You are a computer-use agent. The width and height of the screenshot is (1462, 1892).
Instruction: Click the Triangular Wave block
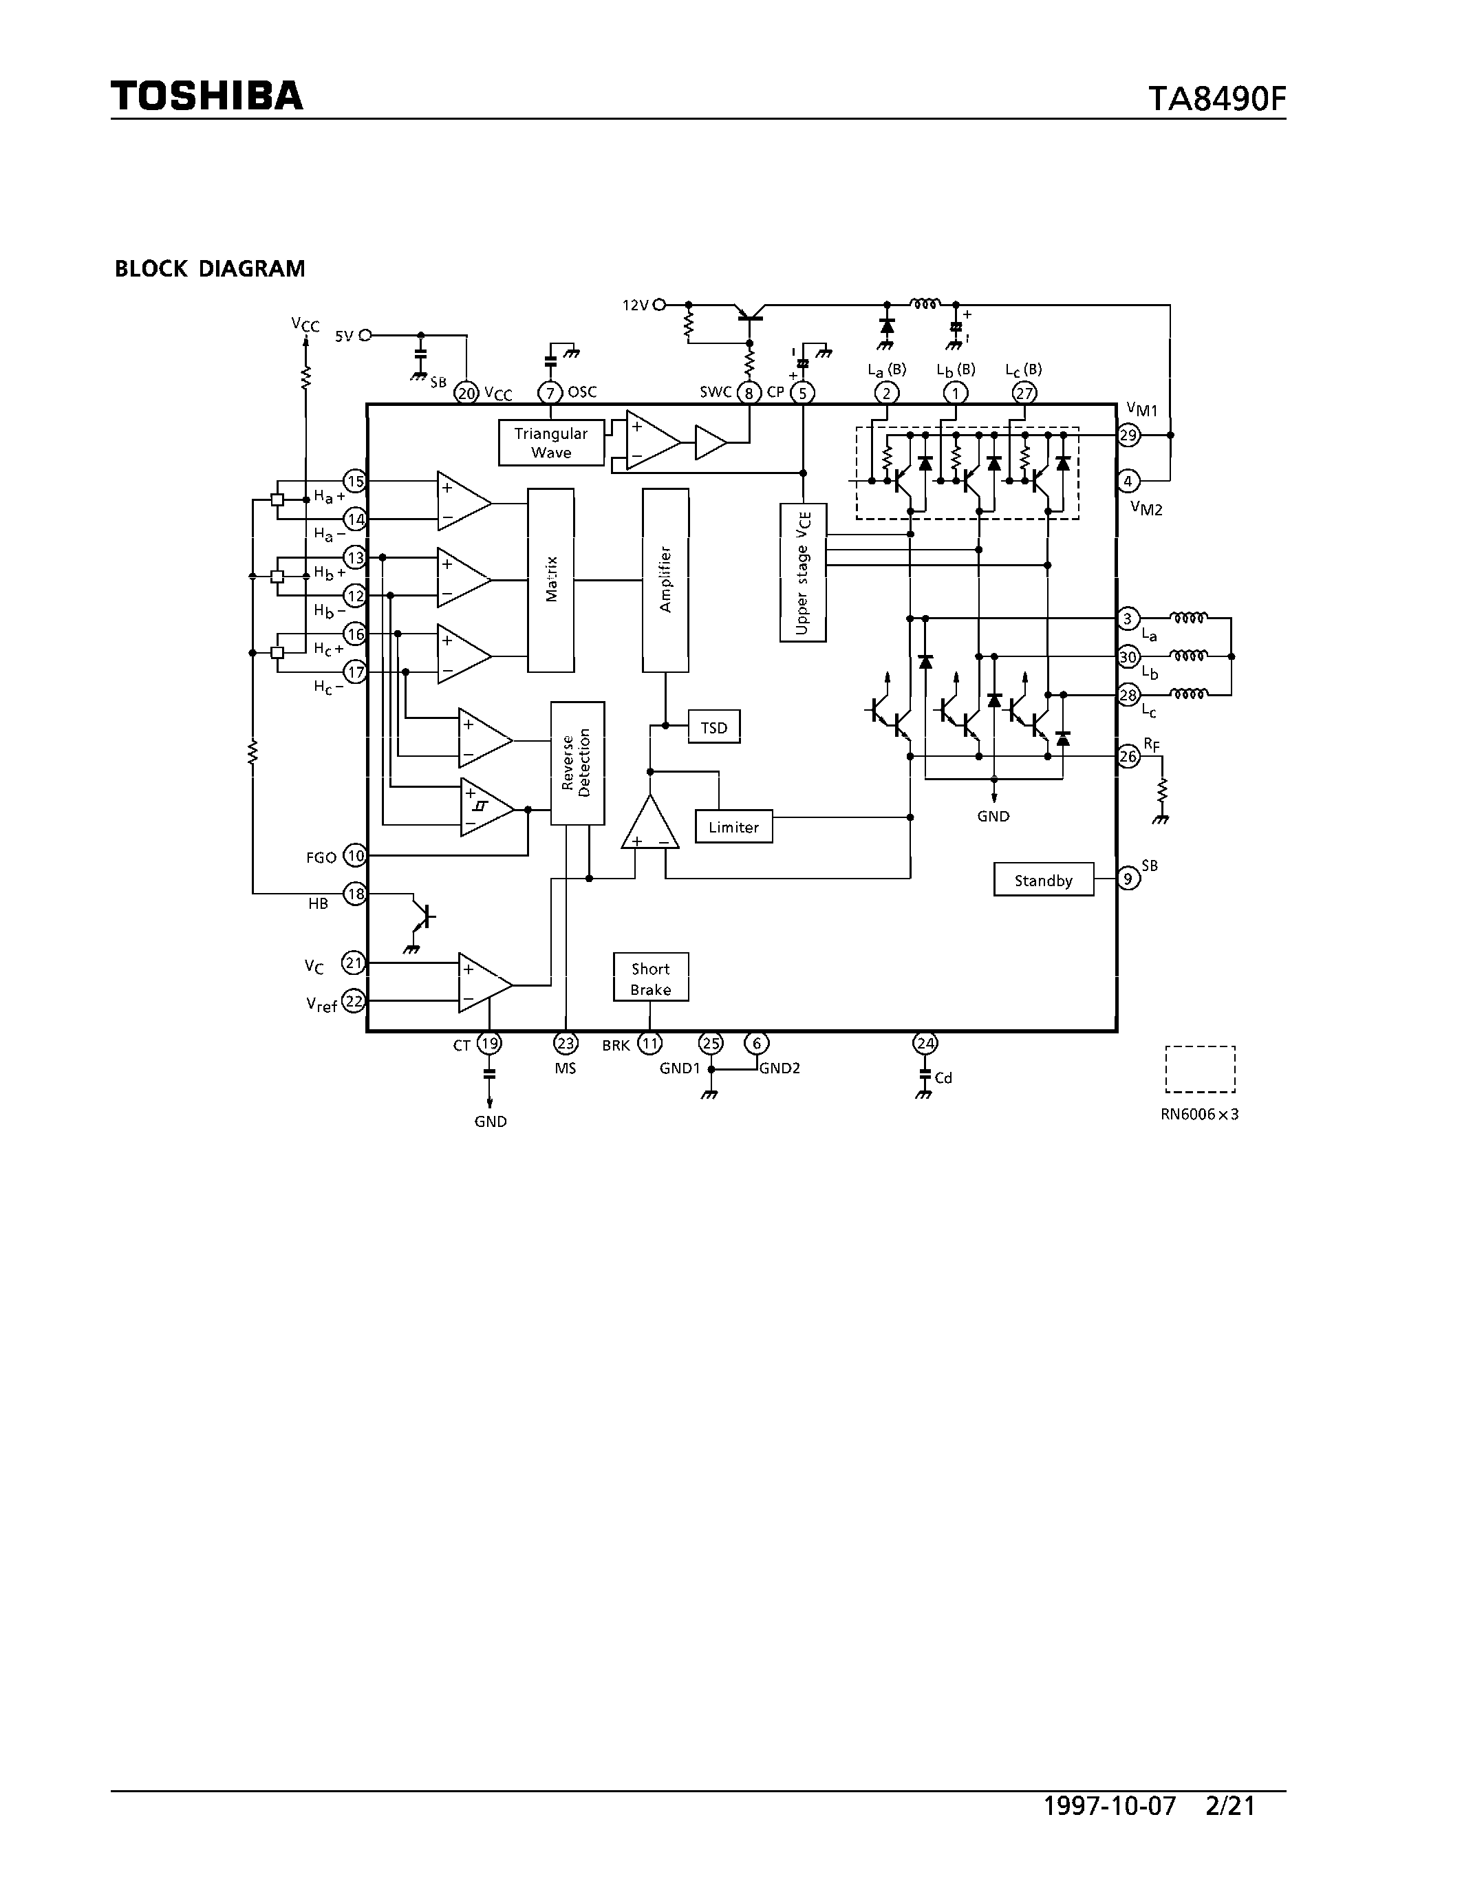coord(551,442)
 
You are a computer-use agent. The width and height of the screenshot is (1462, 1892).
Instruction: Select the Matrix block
coord(551,579)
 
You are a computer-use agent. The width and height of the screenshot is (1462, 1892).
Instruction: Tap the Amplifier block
coord(665,579)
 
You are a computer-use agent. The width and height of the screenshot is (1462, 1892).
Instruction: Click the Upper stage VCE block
coord(803,572)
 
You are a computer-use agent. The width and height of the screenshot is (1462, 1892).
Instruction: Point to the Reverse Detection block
coord(577,762)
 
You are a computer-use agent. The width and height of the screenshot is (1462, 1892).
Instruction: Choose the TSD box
coord(713,728)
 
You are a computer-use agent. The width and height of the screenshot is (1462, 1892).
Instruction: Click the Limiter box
coord(733,827)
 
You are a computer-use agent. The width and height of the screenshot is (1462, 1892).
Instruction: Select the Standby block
coord(1043,880)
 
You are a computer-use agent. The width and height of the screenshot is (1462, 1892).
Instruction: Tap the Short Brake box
coord(650,978)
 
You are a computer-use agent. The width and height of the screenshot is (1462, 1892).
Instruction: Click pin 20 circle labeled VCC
coord(467,394)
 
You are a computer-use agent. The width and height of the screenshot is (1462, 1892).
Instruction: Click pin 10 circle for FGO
coord(355,856)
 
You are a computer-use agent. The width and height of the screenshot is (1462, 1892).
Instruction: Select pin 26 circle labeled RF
coord(1128,756)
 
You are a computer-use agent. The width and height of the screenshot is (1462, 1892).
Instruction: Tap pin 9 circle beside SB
coord(1128,879)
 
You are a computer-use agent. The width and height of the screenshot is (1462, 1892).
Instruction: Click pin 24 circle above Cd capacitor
coord(925,1043)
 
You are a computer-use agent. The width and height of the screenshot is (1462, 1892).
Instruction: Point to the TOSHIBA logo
coord(207,96)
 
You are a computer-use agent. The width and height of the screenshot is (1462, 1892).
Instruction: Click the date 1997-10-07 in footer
coord(1110,1806)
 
